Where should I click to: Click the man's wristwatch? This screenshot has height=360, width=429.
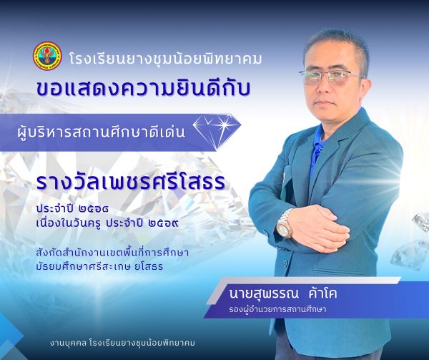(x=285, y=223)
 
